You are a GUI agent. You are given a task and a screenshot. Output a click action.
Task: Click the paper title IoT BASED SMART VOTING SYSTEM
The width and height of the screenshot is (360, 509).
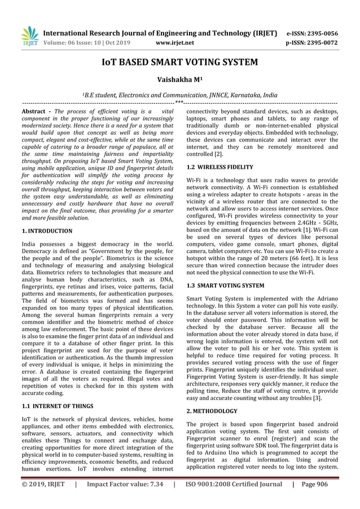(x=179, y=62)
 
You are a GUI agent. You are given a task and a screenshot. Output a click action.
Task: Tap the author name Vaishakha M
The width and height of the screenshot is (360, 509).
(x=179, y=81)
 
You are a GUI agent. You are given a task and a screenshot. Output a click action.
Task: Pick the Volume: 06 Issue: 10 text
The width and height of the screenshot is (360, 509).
(x=73, y=42)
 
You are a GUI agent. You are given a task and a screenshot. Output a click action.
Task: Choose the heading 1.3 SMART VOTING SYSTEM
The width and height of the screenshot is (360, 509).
(x=225, y=286)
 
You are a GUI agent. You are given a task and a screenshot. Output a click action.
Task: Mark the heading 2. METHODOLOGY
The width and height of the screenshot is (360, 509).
(x=212, y=411)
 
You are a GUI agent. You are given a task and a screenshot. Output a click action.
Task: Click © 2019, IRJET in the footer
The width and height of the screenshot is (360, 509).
(x=43, y=500)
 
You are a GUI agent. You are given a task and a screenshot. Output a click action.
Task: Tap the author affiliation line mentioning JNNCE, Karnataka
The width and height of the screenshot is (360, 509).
(x=179, y=96)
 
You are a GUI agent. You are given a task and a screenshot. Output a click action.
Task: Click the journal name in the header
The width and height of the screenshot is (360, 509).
(x=161, y=33)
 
